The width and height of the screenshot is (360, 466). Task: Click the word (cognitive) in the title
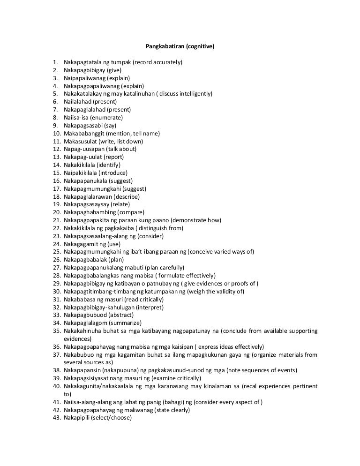(x=200, y=47)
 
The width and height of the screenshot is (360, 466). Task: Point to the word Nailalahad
(x=78, y=102)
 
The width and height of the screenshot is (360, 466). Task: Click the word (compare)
(x=128, y=212)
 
